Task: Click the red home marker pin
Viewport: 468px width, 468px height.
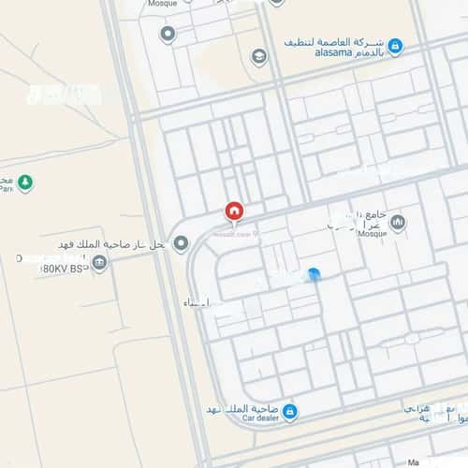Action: (234, 212)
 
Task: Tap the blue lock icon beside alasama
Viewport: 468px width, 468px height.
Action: (396, 45)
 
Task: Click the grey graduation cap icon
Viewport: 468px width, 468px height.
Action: (259, 56)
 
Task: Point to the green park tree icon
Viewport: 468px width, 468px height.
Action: (25, 183)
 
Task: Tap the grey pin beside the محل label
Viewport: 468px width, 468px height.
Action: (181, 243)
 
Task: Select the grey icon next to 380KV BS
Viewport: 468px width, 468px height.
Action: (99, 263)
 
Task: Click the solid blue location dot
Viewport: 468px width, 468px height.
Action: (314, 275)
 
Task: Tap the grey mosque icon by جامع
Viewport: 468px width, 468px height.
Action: (399, 222)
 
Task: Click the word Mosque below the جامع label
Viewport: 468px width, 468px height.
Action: (345, 234)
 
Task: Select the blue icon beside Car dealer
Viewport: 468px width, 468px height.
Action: (289, 411)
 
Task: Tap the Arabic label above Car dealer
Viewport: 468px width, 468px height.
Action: (245, 409)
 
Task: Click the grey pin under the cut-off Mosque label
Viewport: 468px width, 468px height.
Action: (168, 35)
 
